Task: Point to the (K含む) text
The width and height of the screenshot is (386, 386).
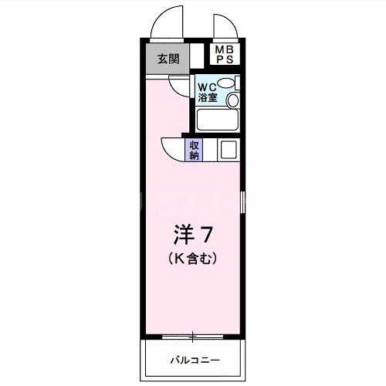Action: tap(192, 260)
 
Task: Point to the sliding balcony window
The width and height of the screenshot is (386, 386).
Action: tap(192, 336)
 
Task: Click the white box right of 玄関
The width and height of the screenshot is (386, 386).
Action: tap(198, 58)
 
